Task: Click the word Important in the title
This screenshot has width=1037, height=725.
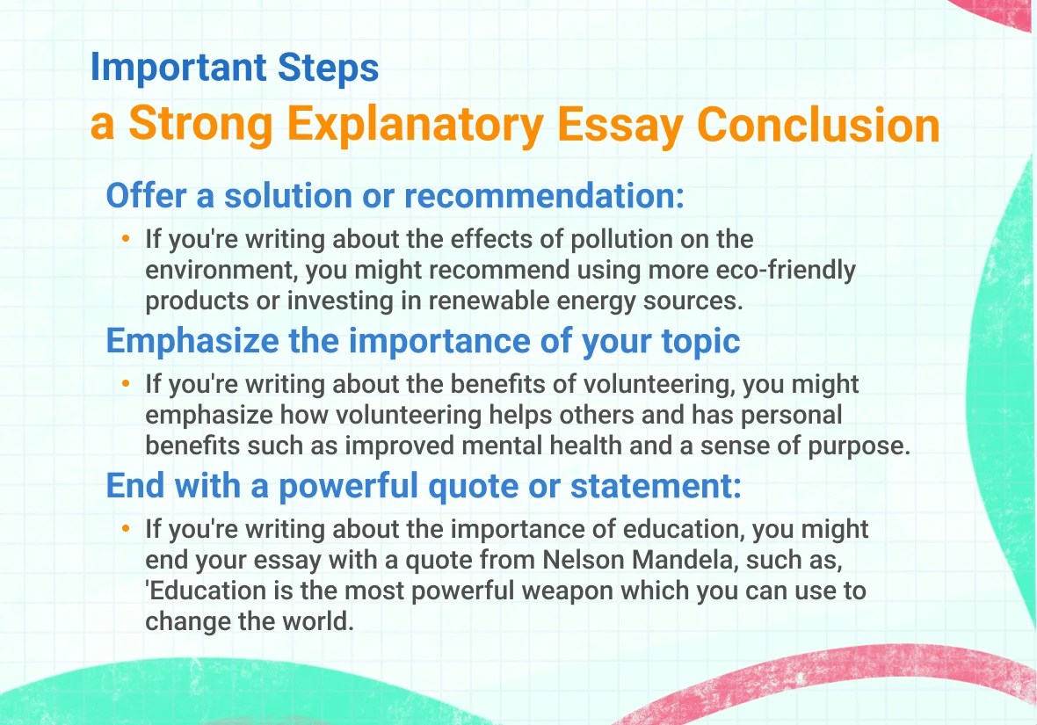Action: tap(178, 69)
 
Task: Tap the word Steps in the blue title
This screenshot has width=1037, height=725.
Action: tap(328, 69)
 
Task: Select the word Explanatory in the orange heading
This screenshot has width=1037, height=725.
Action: tap(416, 126)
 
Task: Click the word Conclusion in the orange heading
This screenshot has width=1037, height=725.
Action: tap(818, 125)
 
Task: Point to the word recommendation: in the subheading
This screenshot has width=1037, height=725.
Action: tap(544, 196)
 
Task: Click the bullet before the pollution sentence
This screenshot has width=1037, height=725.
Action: tap(126, 239)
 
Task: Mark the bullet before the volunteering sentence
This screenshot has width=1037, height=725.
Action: tap(126, 384)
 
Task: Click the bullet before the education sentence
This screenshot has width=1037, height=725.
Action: tap(126, 528)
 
